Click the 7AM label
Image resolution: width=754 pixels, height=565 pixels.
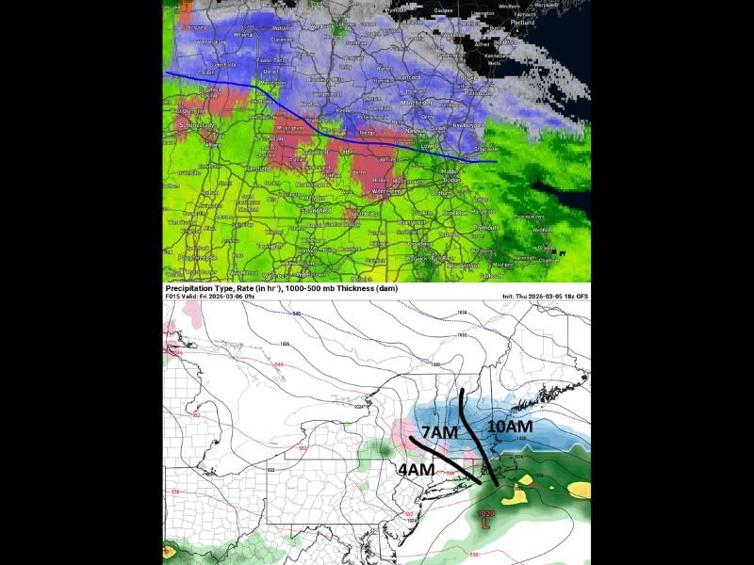coord(438,432)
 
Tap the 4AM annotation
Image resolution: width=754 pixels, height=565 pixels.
coord(416,469)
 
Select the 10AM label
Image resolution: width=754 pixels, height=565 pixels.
coord(511,427)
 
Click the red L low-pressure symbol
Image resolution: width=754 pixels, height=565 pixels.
coord(485,523)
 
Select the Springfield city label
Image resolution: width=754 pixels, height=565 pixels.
coord(316,211)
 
